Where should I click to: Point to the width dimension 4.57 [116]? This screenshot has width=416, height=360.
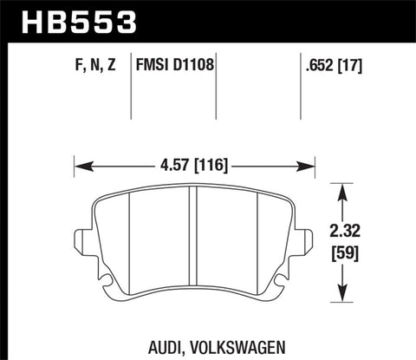(x=193, y=162)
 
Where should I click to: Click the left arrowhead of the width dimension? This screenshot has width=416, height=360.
(x=81, y=162)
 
